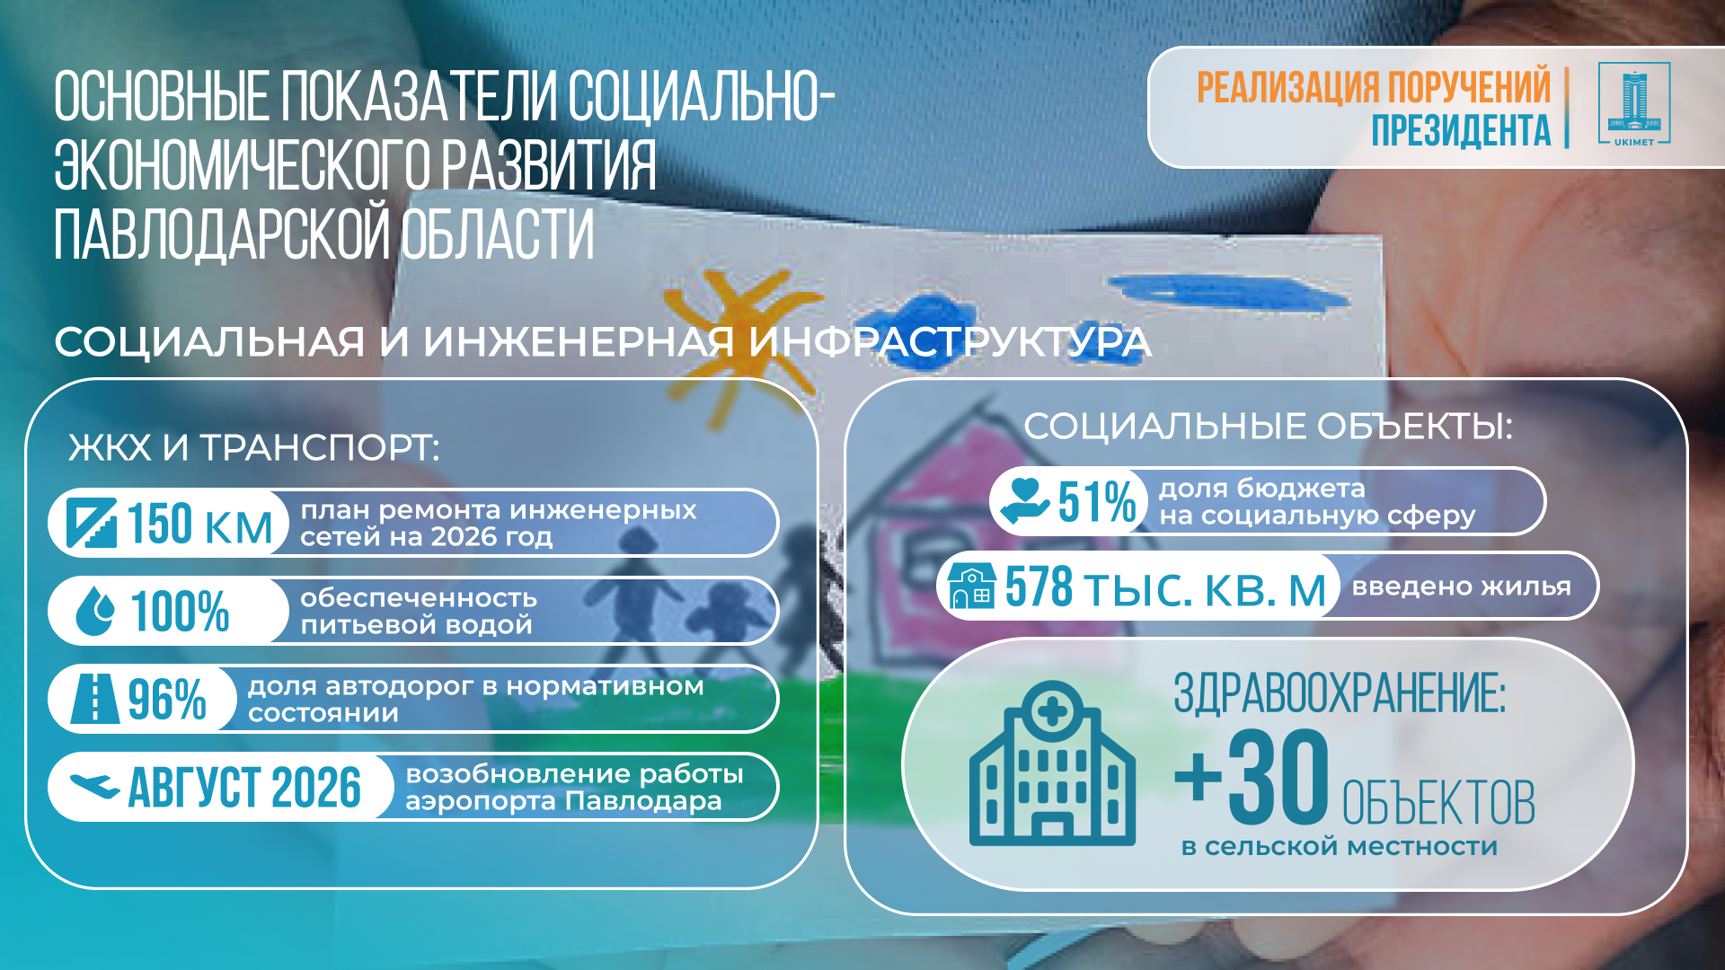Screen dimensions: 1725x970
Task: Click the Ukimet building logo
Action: pyautogui.click(x=1633, y=104)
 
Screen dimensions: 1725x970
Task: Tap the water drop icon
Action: pyautogui.click(x=95, y=611)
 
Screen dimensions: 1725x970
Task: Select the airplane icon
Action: pyautogui.click(x=94, y=787)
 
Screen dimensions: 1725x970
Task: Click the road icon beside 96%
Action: pyautogui.click(x=94, y=698)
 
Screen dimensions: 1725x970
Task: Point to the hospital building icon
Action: pyautogui.click(x=1052, y=763)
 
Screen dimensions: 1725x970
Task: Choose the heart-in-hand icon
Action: pyautogui.click(x=1024, y=500)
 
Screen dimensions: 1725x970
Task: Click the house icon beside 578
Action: pyautogui.click(x=971, y=586)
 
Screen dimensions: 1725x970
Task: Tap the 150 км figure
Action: pyautogui.click(x=199, y=524)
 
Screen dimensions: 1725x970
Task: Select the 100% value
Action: pyautogui.click(x=180, y=611)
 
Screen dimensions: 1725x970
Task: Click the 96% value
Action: pyautogui.click(x=167, y=699)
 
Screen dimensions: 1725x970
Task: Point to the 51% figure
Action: pyautogui.click(x=1097, y=501)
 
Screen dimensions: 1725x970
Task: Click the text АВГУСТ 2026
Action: pyautogui.click(x=244, y=788)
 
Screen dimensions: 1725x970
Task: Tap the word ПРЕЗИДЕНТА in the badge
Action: pyautogui.click(x=1461, y=130)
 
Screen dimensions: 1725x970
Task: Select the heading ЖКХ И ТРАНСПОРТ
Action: pyautogui.click(x=254, y=447)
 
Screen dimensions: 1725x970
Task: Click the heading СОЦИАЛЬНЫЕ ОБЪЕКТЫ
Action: pyautogui.click(x=1268, y=427)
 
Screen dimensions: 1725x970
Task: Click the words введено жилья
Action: pyautogui.click(x=1462, y=586)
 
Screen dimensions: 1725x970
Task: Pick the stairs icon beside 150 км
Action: pyautogui.click(x=92, y=523)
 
